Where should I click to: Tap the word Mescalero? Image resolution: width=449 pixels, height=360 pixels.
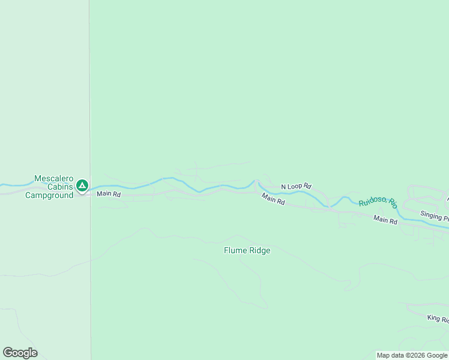point(53,179)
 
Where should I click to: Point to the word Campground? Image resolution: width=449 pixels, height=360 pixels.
point(49,196)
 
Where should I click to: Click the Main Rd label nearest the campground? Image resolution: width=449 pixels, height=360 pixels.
point(109,194)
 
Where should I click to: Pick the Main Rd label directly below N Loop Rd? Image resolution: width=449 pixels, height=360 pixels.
point(273,200)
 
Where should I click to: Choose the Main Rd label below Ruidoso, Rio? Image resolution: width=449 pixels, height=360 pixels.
point(385,220)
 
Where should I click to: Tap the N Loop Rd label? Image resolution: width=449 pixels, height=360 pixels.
point(296,187)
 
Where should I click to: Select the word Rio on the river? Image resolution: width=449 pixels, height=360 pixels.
point(393,203)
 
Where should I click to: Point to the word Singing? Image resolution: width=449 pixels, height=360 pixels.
point(431,215)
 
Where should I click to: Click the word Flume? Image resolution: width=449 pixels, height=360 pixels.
point(235,251)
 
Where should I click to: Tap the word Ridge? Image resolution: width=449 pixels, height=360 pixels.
point(259,251)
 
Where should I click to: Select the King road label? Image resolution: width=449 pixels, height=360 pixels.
point(438,319)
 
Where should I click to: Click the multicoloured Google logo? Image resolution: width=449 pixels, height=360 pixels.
point(20,353)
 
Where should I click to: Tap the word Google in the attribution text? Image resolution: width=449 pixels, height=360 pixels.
point(437,356)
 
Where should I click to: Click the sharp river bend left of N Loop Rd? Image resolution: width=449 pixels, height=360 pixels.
point(256,181)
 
